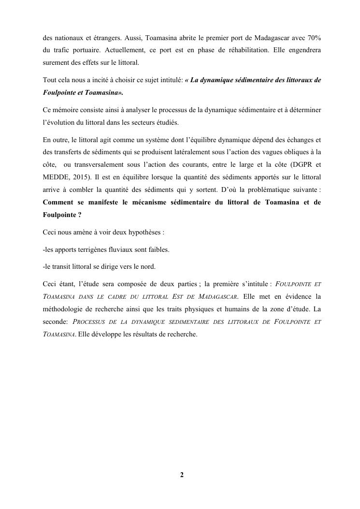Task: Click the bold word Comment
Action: click(x=59, y=203)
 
